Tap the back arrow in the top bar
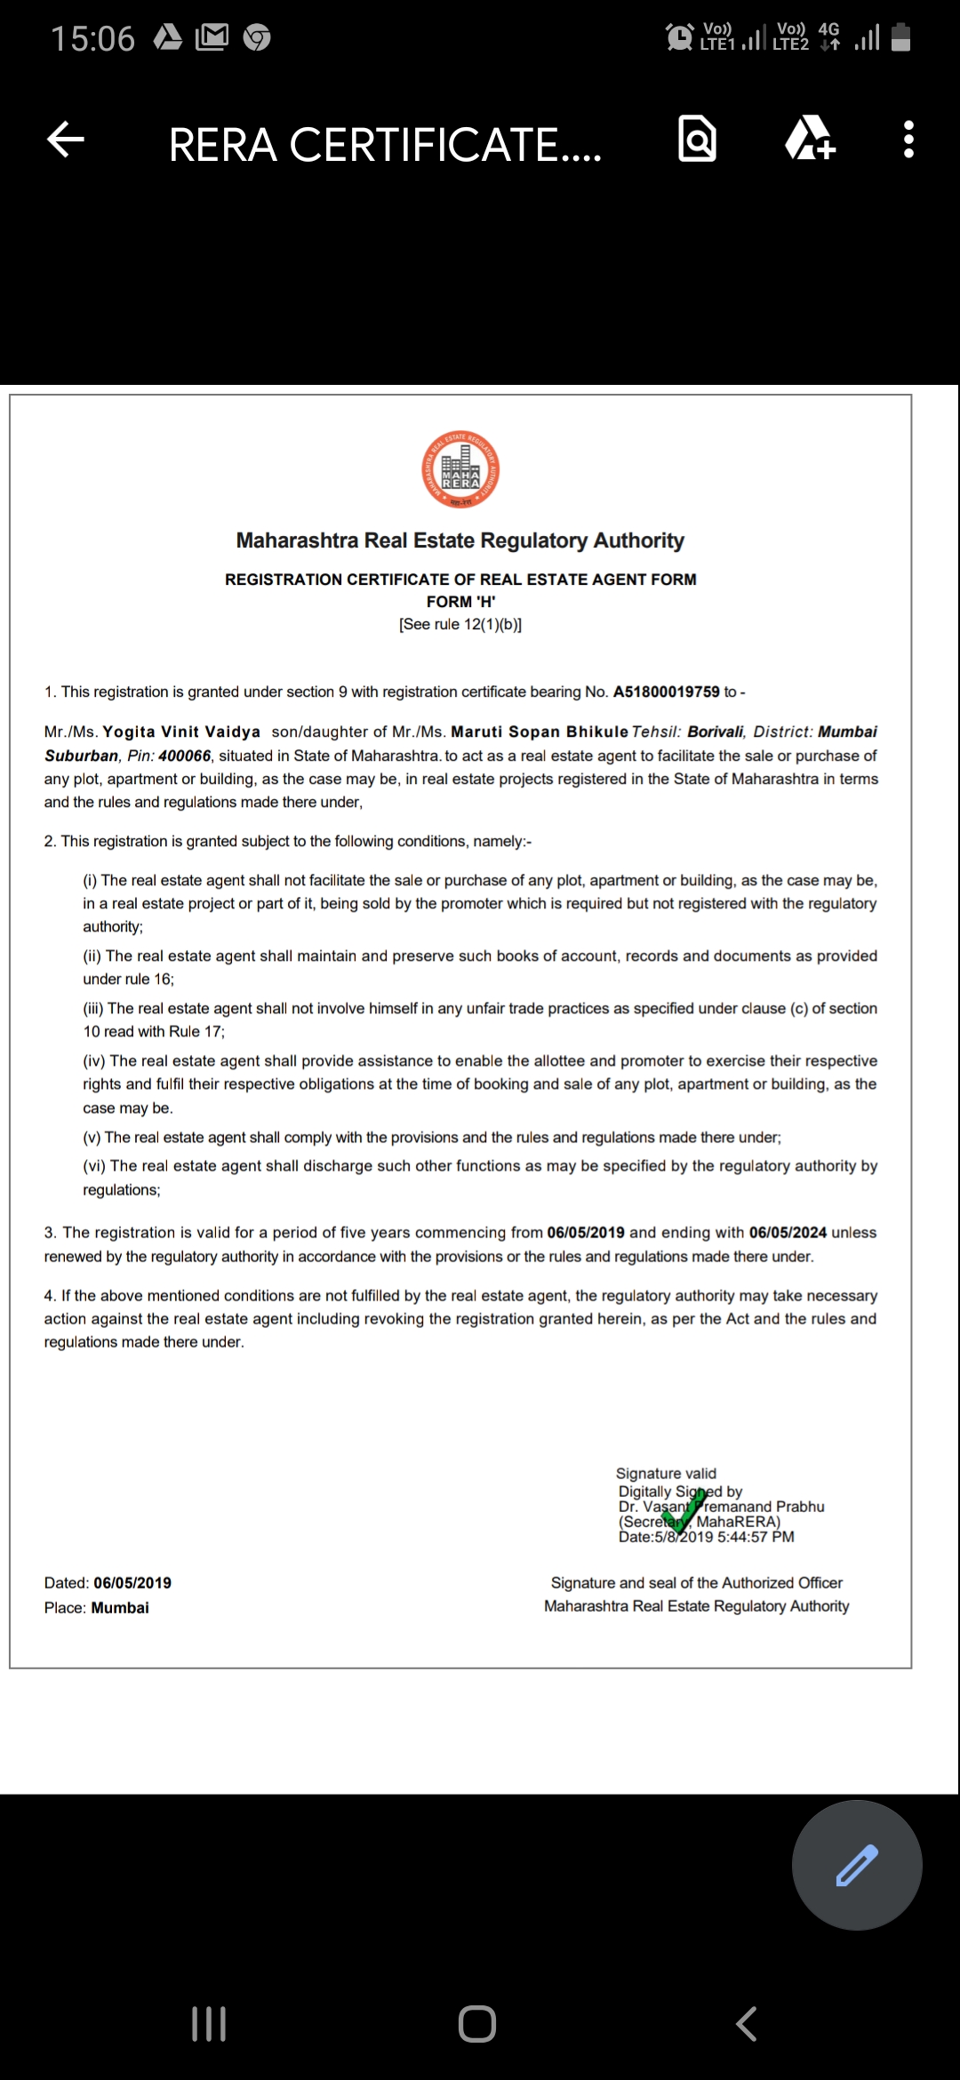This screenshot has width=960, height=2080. pyautogui.click(x=66, y=140)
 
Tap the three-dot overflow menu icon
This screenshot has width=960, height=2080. pyautogui.click(x=908, y=140)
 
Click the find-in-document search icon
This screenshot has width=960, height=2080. pyautogui.click(x=698, y=140)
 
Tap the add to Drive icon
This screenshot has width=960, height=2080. pyautogui.click(x=810, y=140)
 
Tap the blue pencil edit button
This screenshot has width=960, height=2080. pyautogui.click(x=857, y=1865)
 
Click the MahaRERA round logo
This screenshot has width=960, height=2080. pyautogui.click(x=460, y=470)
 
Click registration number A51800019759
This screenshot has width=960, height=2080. pyautogui.click(x=666, y=692)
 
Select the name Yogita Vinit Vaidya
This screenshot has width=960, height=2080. pyautogui.click(x=181, y=732)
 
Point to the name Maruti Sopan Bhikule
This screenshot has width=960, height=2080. pyautogui.click(x=540, y=732)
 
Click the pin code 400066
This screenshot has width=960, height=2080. pyautogui.click(x=185, y=756)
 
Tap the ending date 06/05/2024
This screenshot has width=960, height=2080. pyautogui.click(x=788, y=1232)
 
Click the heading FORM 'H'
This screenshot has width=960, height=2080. pyautogui.click(x=460, y=602)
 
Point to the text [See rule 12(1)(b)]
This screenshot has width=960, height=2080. pyautogui.click(x=460, y=624)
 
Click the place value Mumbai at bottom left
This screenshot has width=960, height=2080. pyautogui.click(x=120, y=1607)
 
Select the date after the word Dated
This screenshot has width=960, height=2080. pyautogui.click(x=132, y=1582)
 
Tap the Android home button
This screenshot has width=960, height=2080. pyautogui.click(x=477, y=2024)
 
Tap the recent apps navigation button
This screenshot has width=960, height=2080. pyautogui.click(x=209, y=2024)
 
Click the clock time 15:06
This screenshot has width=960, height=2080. pyautogui.click(x=92, y=38)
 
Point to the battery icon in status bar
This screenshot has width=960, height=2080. pyautogui.click(x=900, y=37)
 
